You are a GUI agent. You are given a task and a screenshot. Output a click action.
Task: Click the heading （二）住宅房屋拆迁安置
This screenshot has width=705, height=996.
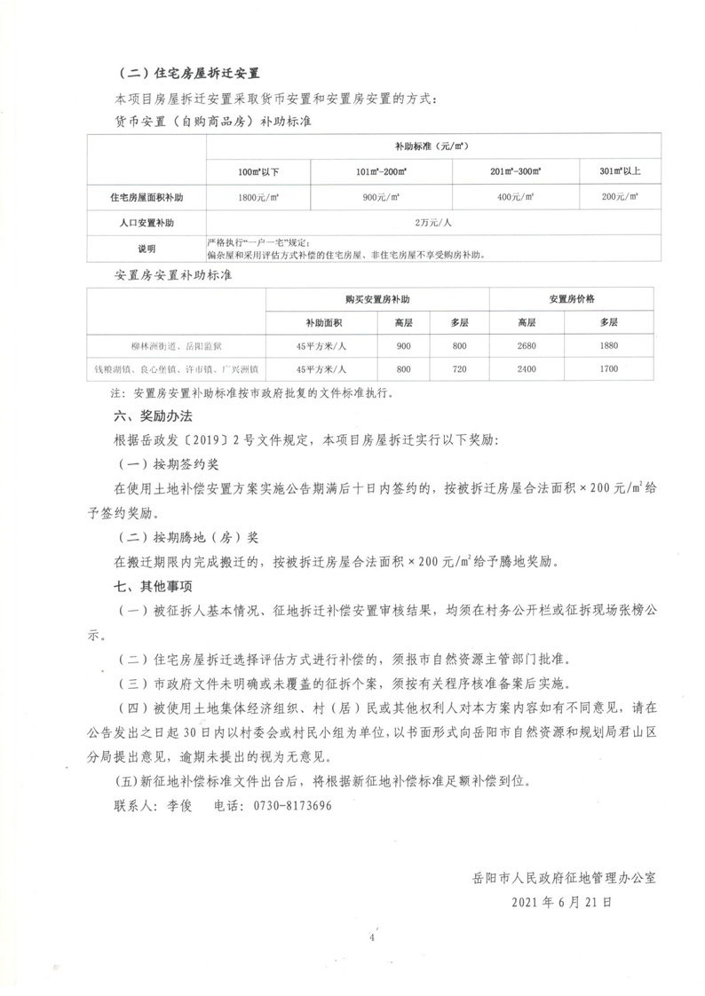pos(194,73)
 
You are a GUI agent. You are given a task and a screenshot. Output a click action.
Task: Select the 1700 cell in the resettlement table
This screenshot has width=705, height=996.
pos(609,368)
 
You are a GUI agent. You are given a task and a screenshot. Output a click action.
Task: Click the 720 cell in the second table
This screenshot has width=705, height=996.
pos(459,368)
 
